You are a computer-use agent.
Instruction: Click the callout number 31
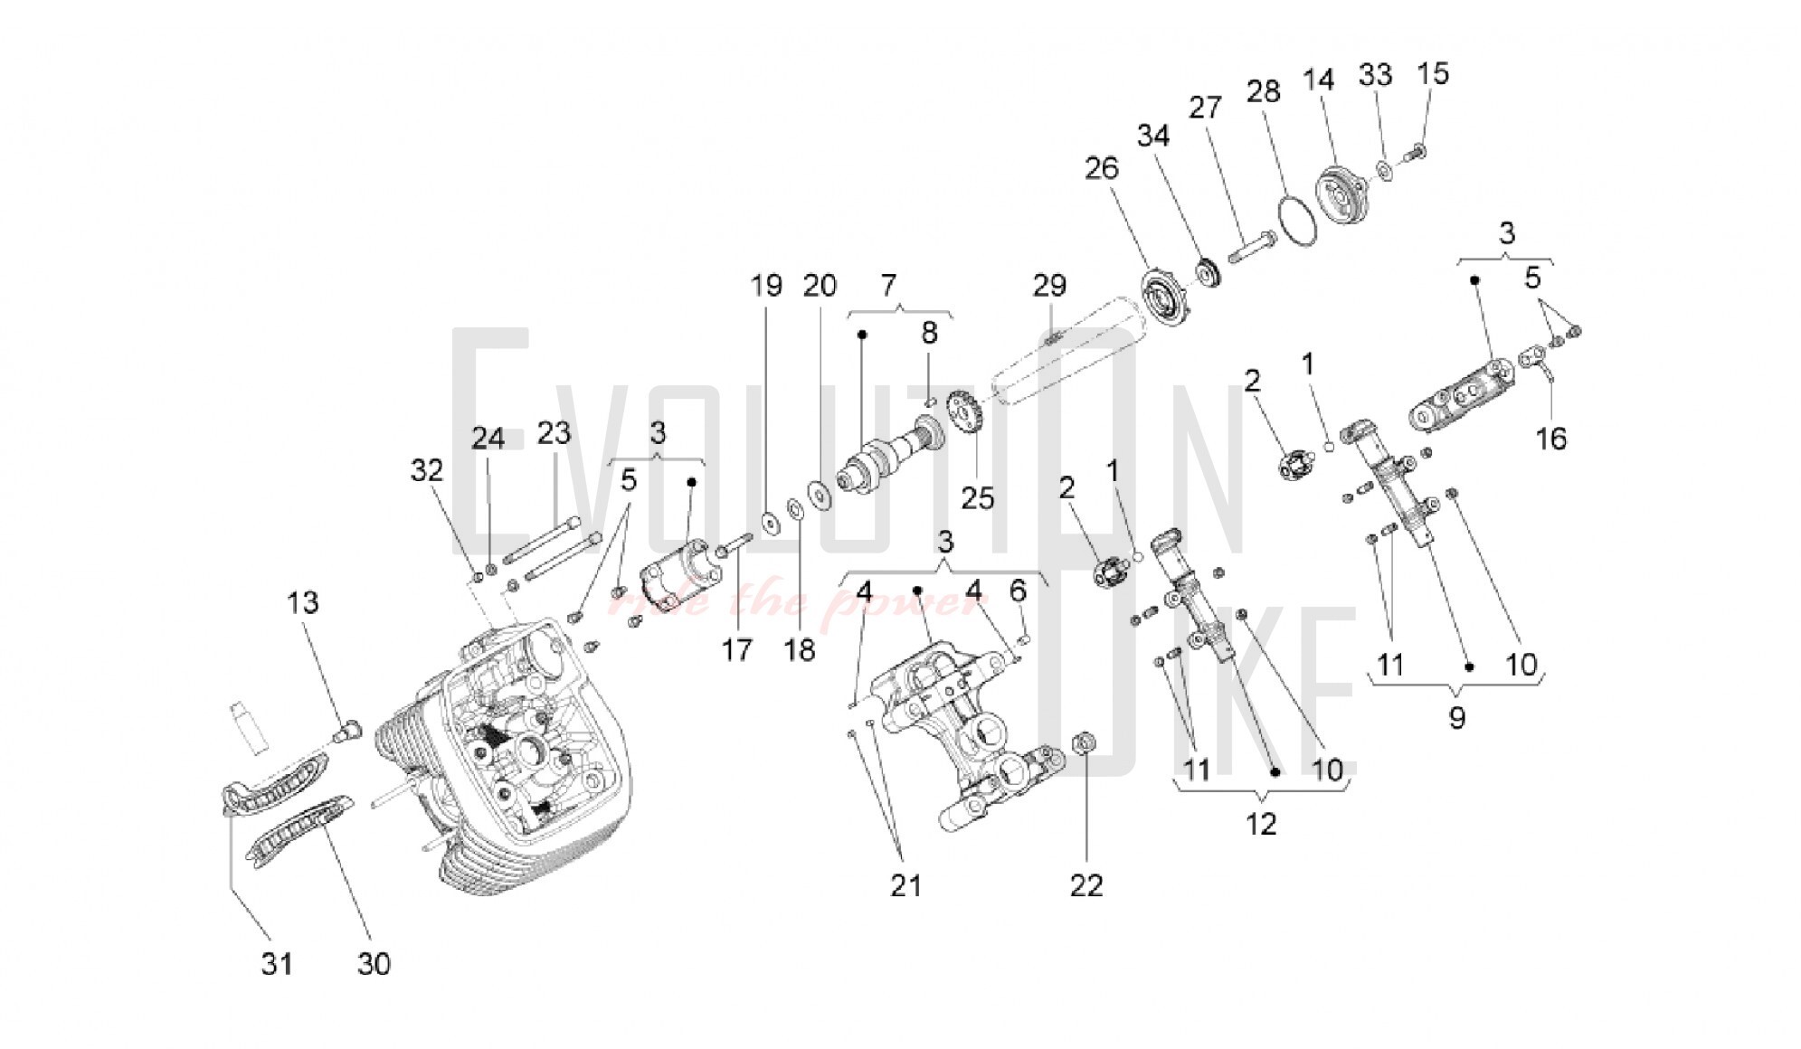[277, 964]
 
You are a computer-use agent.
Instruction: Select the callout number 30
[374, 964]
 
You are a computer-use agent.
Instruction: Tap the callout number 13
[303, 602]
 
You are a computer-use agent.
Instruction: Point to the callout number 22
[1086, 885]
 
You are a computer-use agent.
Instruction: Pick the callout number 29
[1049, 286]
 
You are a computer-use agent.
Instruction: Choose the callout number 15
[1433, 73]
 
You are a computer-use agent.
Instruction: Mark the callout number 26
[1102, 167]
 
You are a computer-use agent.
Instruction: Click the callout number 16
[1550, 439]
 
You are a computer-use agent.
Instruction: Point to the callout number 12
[1261, 824]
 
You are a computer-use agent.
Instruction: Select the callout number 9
[1456, 718]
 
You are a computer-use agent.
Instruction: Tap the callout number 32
[427, 470]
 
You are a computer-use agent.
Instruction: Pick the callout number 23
[554, 432]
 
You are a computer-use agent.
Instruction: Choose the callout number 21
[905, 885]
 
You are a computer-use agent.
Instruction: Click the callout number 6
[1018, 591]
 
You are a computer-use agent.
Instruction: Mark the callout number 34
[1153, 136]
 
